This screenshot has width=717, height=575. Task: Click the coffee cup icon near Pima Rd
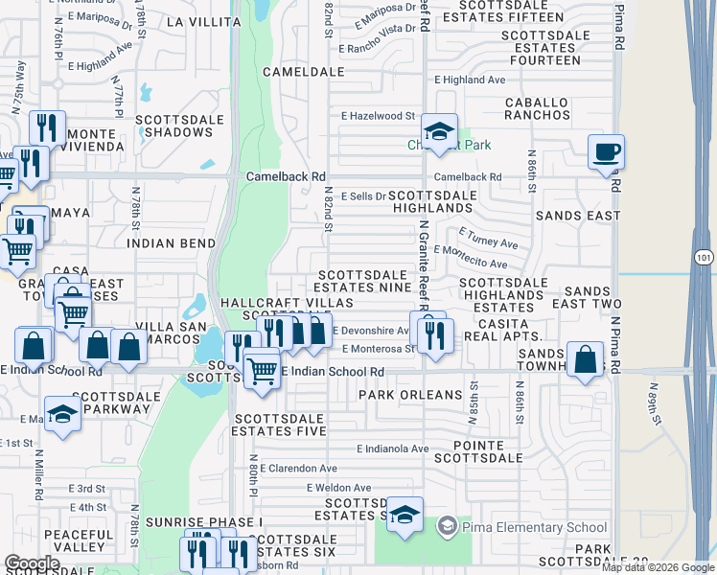pos(607,151)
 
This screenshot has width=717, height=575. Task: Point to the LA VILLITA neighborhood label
pos(201,20)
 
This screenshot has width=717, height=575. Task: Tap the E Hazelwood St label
pos(378,116)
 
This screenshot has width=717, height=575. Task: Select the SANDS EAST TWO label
pos(593,297)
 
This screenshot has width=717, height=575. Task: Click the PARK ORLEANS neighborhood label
pos(410,395)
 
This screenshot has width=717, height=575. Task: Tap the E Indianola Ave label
pos(393,448)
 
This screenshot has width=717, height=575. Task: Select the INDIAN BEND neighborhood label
pos(172,243)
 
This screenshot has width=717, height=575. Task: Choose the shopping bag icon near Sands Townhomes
pos(584,360)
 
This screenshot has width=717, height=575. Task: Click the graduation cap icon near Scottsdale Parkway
pos(63,416)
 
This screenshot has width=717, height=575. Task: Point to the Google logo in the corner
pos(32,563)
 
